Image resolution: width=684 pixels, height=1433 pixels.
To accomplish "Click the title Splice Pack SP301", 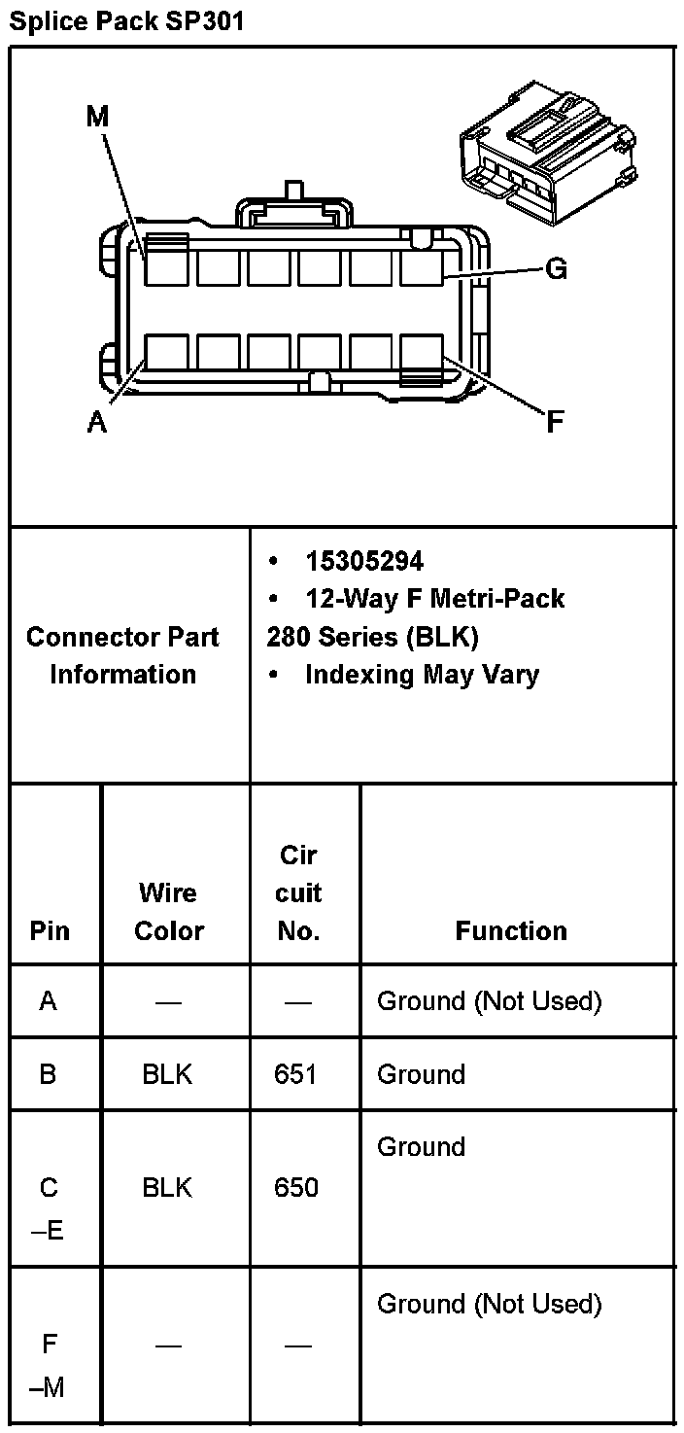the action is tap(126, 21).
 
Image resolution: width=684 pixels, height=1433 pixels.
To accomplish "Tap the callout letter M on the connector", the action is tap(97, 118).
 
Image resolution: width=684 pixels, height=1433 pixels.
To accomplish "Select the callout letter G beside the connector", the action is tap(556, 269).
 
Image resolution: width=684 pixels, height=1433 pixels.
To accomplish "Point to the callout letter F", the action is tap(555, 422).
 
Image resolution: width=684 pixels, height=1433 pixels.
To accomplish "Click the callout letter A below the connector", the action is tap(97, 423).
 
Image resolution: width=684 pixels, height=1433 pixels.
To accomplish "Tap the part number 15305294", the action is tap(364, 561).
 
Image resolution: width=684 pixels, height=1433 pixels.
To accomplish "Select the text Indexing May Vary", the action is tap(422, 674).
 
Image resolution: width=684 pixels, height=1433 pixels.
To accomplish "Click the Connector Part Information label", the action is tap(123, 655).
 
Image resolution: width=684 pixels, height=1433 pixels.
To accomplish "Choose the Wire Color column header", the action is tap(168, 911).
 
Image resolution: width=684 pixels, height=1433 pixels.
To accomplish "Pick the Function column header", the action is tap(511, 930).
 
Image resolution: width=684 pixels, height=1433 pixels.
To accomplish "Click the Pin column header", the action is tap(50, 930).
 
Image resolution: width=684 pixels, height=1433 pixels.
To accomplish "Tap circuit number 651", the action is tap(296, 1074).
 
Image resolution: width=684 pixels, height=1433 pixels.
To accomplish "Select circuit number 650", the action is tap(296, 1187).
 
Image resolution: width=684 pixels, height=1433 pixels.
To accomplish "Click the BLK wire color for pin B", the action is tap(167, 1074).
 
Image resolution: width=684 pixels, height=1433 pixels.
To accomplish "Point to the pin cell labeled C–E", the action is tap(49, 1208).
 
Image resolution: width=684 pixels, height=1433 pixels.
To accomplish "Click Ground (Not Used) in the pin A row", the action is tap(489, 1000).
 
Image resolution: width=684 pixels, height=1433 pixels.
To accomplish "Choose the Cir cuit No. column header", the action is tap(298, 892).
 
